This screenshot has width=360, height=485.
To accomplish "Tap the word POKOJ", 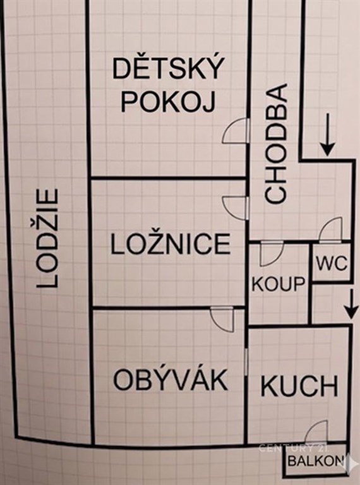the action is click(168, 102).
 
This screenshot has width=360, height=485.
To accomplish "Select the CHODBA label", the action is click(276, 143).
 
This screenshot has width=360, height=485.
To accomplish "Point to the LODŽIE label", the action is click(47, 238).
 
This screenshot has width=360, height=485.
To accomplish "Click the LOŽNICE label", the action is click(171, 244).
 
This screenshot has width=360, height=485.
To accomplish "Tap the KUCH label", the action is click(299, 386).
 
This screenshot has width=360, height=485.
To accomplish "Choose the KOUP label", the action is click(279, 284).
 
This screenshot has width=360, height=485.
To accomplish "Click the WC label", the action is click(332, 264).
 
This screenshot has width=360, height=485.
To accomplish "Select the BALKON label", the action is click(315, 461).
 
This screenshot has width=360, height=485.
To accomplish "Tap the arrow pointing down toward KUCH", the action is click(351, 304).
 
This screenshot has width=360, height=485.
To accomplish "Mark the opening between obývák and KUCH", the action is click(246, 361).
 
